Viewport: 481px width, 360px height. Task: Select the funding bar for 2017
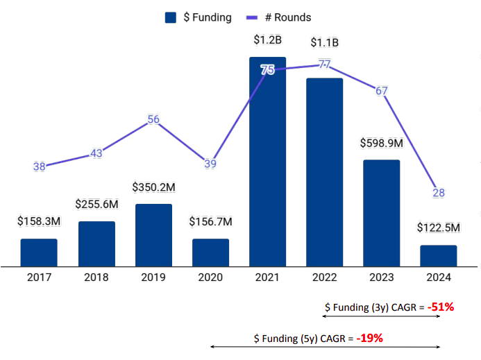[39, 252]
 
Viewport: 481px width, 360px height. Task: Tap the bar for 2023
[381, 212]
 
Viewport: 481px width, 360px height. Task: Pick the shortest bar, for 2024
[438, 255]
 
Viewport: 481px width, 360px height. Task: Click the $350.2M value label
[153, 187]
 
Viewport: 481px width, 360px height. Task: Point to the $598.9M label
[381, 143]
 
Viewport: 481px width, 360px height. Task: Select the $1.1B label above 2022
[324, 42]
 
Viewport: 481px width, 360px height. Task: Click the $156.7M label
[210, 222]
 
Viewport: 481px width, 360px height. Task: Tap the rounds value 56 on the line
[153, 119]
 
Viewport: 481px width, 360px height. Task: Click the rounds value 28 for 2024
[438, 193]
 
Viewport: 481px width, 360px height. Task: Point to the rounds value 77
[324, 65]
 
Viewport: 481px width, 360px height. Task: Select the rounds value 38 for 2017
[39, 166]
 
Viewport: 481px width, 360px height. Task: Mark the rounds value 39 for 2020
[210, 164]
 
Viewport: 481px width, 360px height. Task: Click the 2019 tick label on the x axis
[153, 277]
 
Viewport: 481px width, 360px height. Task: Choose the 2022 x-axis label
[324, 277]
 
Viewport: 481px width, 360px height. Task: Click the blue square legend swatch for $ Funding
[171, 18]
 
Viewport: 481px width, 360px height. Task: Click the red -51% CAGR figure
[440, 307]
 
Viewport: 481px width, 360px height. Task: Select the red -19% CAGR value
[369, 338]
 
